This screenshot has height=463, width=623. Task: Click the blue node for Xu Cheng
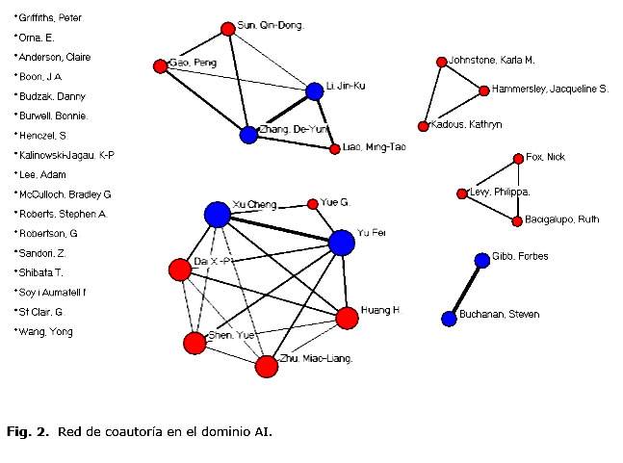[218, 214]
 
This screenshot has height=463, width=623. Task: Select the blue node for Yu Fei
[342, 243]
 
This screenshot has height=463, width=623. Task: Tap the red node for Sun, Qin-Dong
[227, 29]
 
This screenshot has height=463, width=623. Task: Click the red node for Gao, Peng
[160, 65]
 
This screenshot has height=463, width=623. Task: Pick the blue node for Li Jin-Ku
[314, 91]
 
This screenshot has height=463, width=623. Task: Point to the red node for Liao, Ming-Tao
[334, 149]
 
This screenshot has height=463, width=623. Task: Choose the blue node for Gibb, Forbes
[482, 261]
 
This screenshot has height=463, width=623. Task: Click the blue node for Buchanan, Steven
[449, 318]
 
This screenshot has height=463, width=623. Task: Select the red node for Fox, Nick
[519, 158]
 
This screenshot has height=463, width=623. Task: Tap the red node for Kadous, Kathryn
[423, 126]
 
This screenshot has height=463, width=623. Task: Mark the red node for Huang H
[347, 318]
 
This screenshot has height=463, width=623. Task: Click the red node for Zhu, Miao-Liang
[267, 366]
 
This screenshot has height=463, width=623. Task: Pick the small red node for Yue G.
[312, 204]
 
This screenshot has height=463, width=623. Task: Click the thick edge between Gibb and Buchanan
[466, 289]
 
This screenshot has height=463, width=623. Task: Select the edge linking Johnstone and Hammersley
[463, 76]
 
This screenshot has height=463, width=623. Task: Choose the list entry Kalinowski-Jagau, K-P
[66, 155]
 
